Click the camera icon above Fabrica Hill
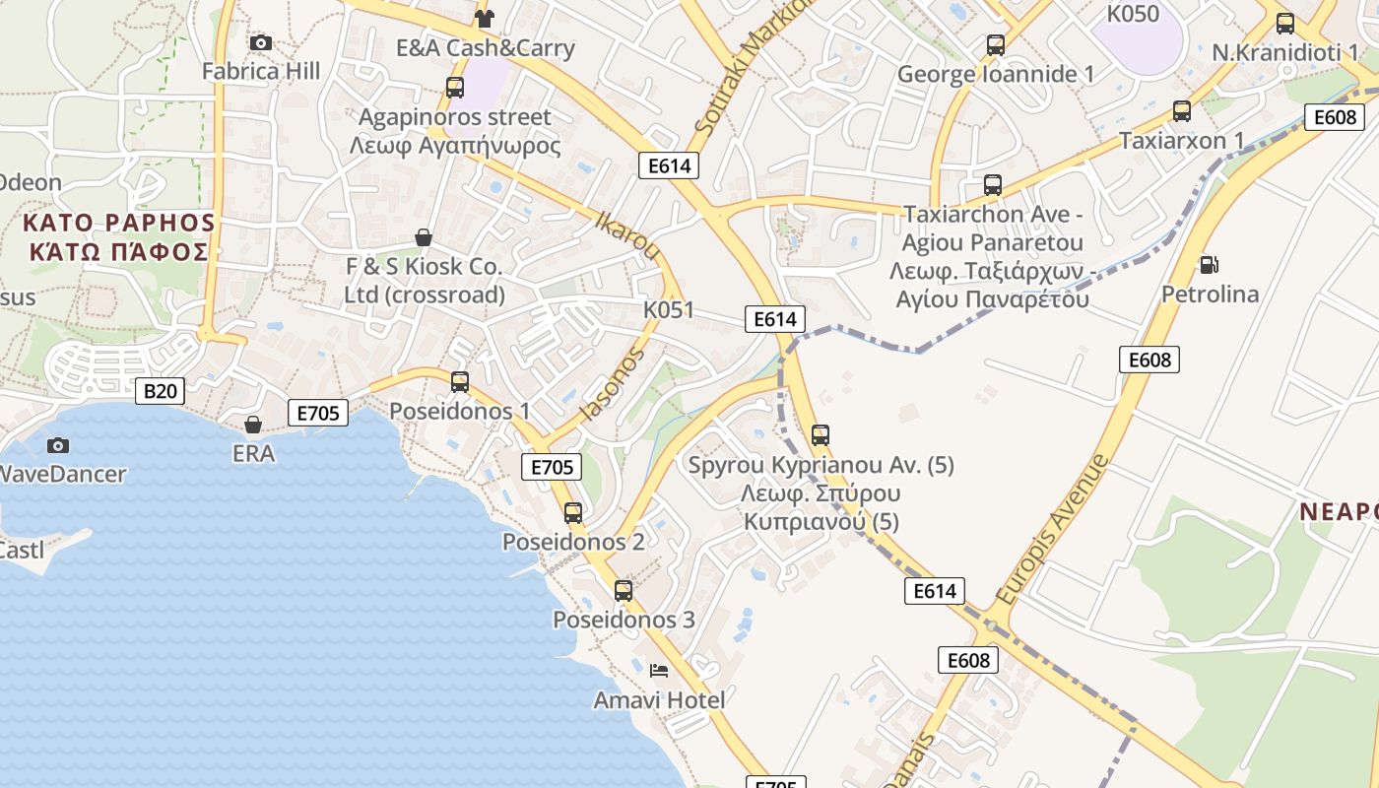click(x=261, y=42)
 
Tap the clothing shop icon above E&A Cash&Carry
click(x=484, y=18)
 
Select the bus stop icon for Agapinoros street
click(x=455, y=87)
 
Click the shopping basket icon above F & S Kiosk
click(x=424, y=237)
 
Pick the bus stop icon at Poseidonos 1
click(x=460, y=381)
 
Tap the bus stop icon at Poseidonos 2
click(x=573, y=512)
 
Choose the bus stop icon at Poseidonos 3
click(x=624, y=590)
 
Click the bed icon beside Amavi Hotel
click(x=660, y=671)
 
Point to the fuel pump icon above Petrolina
click(x=1209, y=264)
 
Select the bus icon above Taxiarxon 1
click(x=1182, y=111)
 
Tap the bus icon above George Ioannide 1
click(x=996, y=44)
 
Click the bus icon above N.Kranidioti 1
click(x=1285, y=24)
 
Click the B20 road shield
click(x=161, y=391)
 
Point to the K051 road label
click(x=669, y=310)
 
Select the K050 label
click(x=1133, y=14)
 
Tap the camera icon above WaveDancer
click(x=58, y=445)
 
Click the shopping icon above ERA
click(x=253, y=425)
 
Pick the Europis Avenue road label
click(x=1052, y=530)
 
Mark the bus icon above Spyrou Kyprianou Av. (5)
click(x=821, y=434)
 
